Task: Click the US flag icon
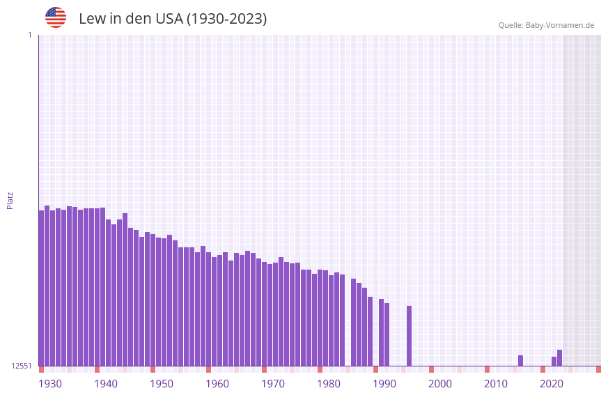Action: pyautogui.click(x=56, y=17)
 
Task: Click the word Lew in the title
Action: pyautogui.click(x=91, y=19)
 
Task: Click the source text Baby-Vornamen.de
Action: pyautogui.click(x=559, y=25)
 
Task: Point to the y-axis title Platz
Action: pyautogui.click(x=10, y=200)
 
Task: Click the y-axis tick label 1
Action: pyautogui.click(x=29, y=35)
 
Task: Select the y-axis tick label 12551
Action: pyautogui.click(x=22, y=366)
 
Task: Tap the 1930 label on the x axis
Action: pyautogui.click(x=50, y=384)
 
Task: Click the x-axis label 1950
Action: pyautogui.click(x=162, y=384)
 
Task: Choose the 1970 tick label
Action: pyautogui.click(x=273, y=384)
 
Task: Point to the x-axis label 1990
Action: pyautogui.click(x=384, y=384)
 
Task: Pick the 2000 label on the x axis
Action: pyautogui.click(x=440, y=384)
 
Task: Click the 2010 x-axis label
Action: pyautogui.click(x=496, y=384)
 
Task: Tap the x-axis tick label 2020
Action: pyautogui.click(x=552, y=384)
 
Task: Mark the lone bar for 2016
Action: pyautogui.click(x=520, y=361)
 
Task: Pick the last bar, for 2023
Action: pyautogui.click(x=559, y=358)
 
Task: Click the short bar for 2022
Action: pyautogui.click(x=554, y=362)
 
